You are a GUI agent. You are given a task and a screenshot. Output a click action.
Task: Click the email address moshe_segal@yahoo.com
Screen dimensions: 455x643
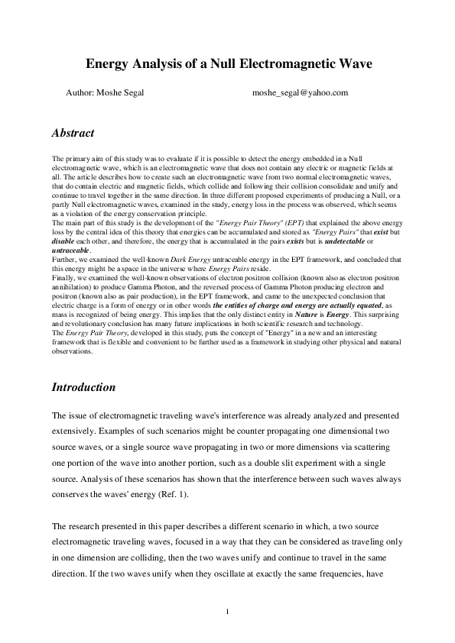click(300, 93)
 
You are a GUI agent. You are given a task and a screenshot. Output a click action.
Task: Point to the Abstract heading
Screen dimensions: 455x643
click(73, 133)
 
